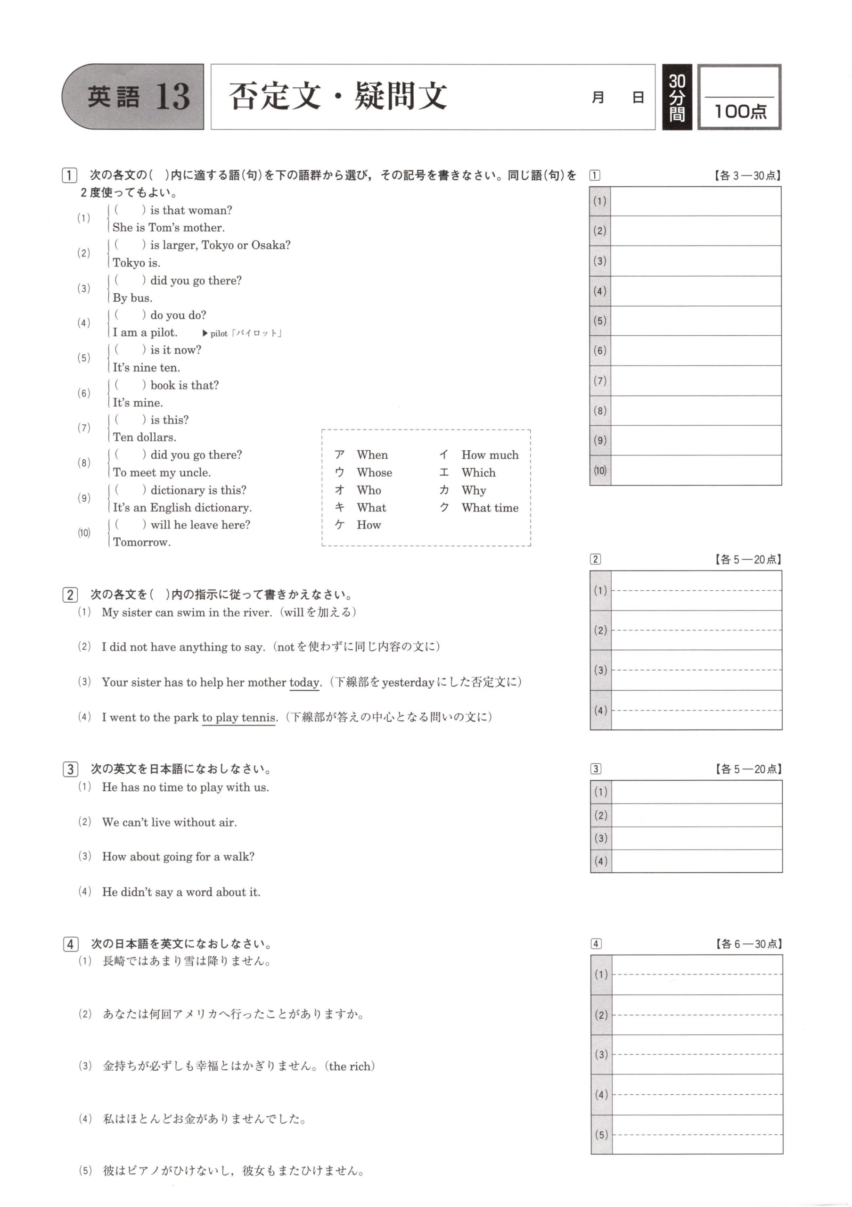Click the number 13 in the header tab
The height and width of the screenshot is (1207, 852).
[172, 97]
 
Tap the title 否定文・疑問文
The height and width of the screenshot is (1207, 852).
[338, 96]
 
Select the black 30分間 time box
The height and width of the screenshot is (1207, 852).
[677, 97]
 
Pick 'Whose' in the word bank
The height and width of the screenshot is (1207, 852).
[374, 472]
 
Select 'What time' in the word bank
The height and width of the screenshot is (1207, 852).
[490, 508]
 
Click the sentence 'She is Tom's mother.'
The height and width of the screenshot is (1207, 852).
[169, 228]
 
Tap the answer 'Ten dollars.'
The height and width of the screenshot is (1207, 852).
[145, 438]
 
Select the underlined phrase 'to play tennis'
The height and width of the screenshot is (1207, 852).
[239, 718]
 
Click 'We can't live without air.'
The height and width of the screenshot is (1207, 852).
[169, 822]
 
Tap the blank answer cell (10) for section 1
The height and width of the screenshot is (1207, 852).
[696, 471]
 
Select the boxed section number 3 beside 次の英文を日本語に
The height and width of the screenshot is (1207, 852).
[70, 769]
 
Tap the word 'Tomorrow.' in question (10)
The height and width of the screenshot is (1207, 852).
[142, 543]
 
